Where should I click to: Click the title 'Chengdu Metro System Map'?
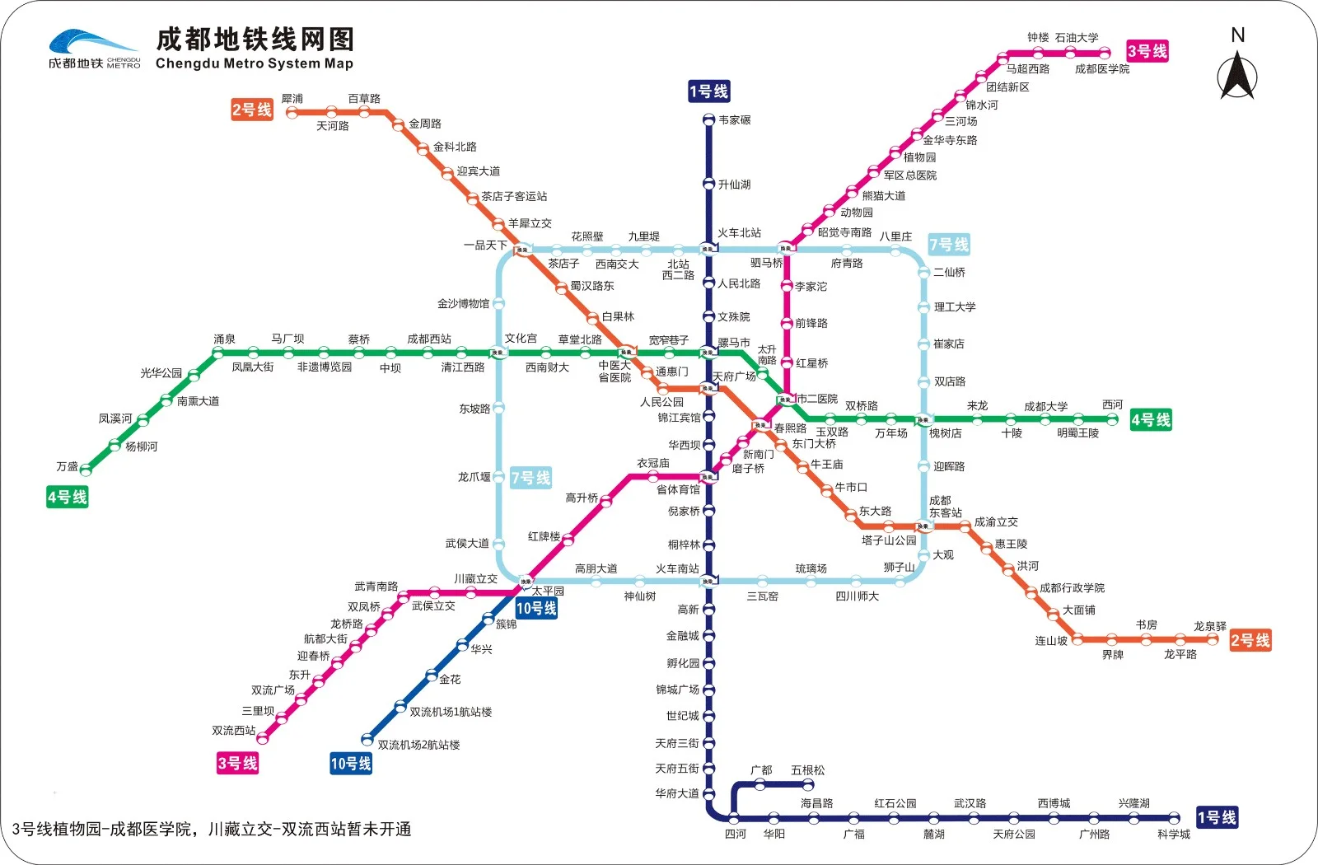click(255, 63)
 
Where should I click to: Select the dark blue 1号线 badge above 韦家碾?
click(709, 91)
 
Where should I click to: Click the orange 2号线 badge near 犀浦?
click(252, 110)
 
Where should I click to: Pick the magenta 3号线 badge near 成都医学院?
click(1147, 51)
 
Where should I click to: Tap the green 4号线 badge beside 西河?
click(1151, 419)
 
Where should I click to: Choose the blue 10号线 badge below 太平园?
click(536, 608)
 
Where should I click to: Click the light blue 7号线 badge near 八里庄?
click(949, 244)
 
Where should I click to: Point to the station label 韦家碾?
click(735, 120)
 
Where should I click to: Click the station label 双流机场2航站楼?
click(418, 745)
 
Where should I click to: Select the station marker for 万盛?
click(86, 470)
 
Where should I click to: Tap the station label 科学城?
click(1174, 834)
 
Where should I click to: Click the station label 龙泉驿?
click(1210, 626)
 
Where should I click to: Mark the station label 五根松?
click(807, 770)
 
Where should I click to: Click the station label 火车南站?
click(677, 568)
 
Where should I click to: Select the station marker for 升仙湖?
click(708, 184)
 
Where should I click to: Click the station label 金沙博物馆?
click(463, 303)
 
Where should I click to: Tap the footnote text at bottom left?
click(212, 829)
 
